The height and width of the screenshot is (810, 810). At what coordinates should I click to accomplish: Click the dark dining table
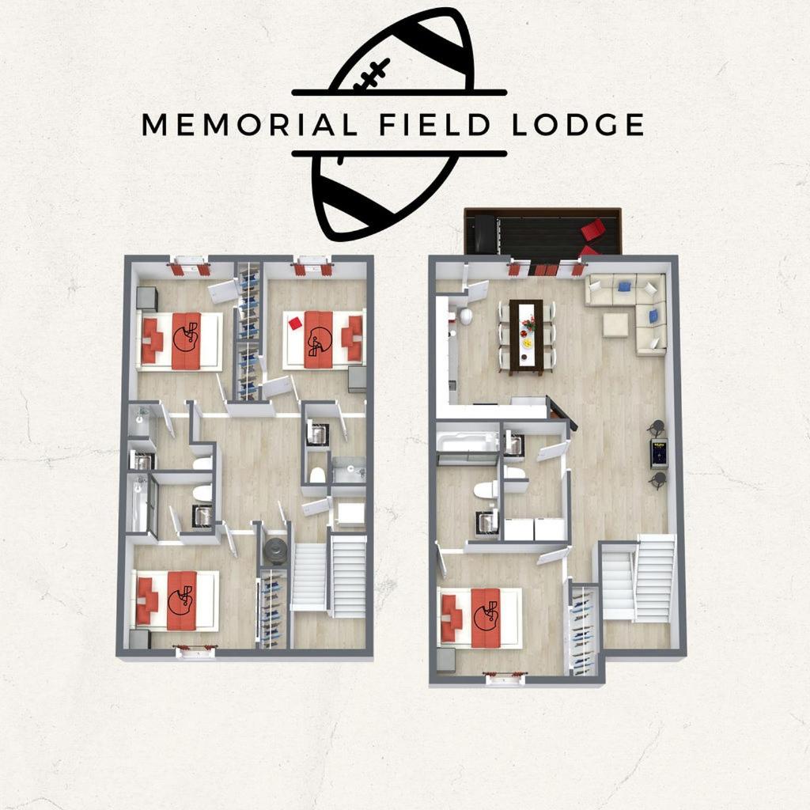tap(526, 336)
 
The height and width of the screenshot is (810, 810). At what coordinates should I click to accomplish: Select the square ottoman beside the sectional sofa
tap(615, 325)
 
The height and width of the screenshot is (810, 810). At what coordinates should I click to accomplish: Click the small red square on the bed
tap(295, 323)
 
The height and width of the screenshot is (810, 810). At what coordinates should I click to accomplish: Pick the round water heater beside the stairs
tap(275, 549)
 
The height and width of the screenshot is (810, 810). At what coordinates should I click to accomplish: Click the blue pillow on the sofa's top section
tap(624, 286)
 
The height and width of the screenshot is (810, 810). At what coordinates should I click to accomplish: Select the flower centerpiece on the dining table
tap(528, 324)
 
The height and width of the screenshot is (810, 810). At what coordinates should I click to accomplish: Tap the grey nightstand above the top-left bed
tap(146, 298)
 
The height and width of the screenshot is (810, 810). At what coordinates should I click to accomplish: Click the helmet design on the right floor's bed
tap(484, 616)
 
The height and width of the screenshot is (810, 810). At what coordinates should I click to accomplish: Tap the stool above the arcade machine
tap(656, 428)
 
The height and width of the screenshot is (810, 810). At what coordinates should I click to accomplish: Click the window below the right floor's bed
tap(505, 677)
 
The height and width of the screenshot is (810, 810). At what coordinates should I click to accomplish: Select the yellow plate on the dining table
tap(525, 345)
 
